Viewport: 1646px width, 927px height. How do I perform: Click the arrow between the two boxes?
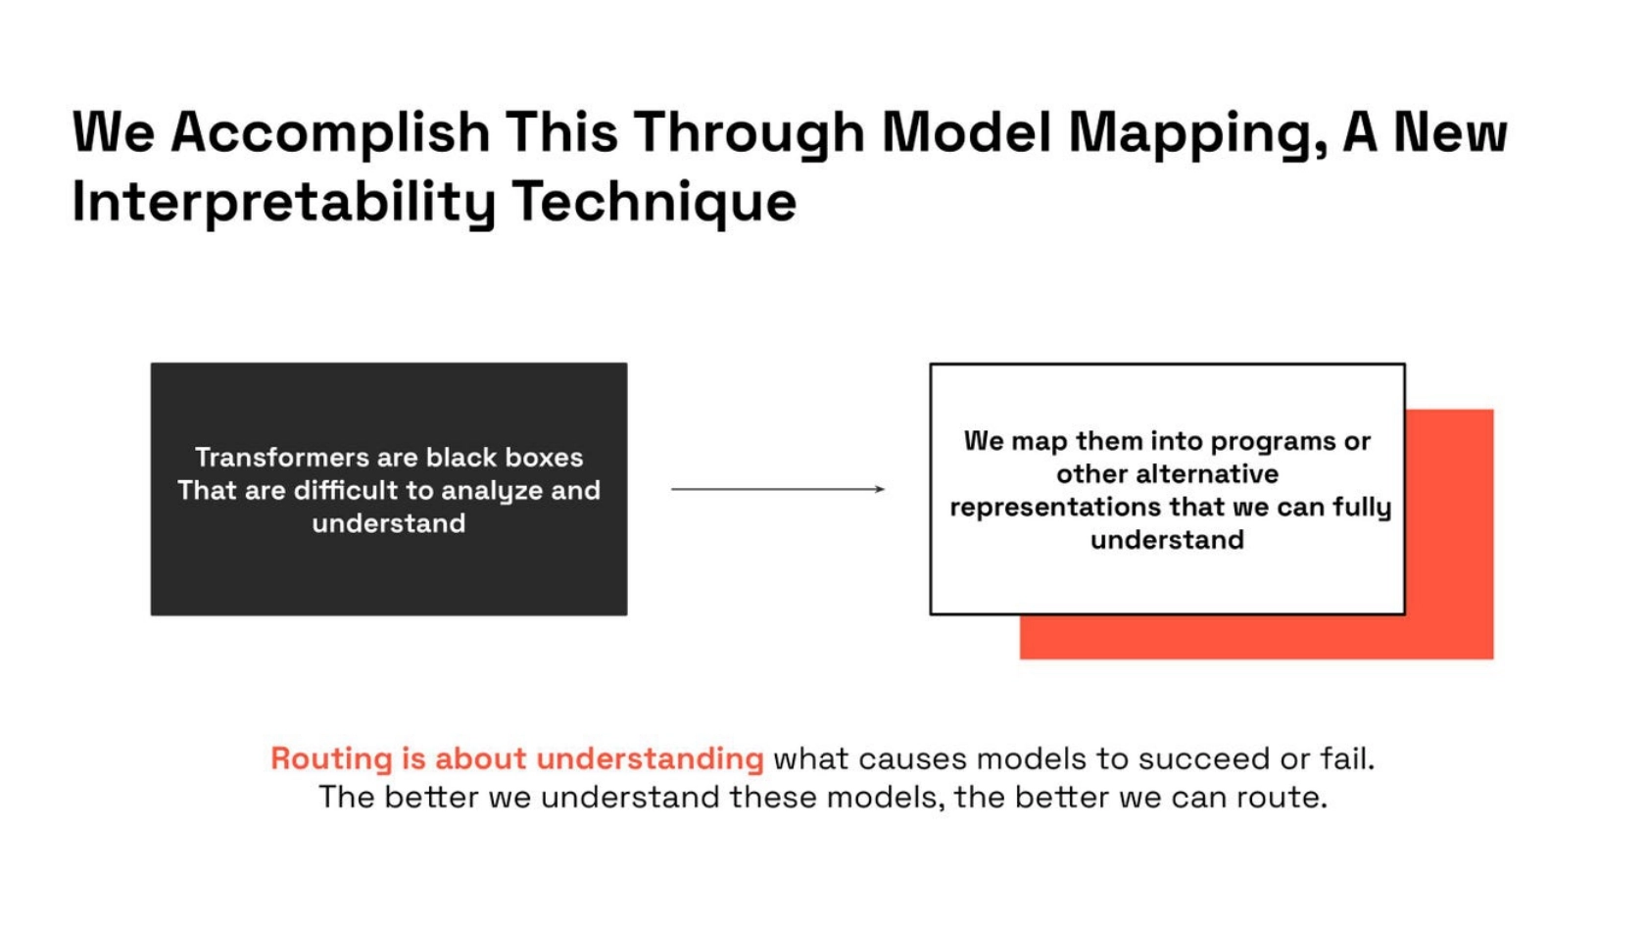[778, 489]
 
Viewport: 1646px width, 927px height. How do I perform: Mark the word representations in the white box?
[1054, 508]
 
